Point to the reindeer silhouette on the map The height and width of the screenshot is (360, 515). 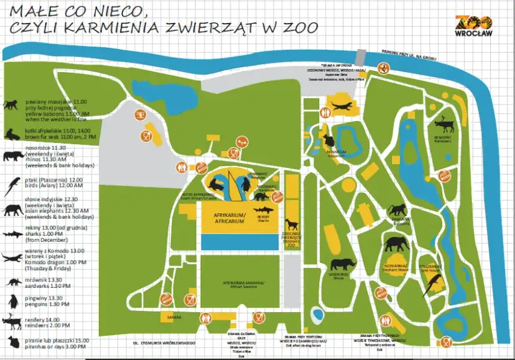point(444,122)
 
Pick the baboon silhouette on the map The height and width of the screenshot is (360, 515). point(397,210)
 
